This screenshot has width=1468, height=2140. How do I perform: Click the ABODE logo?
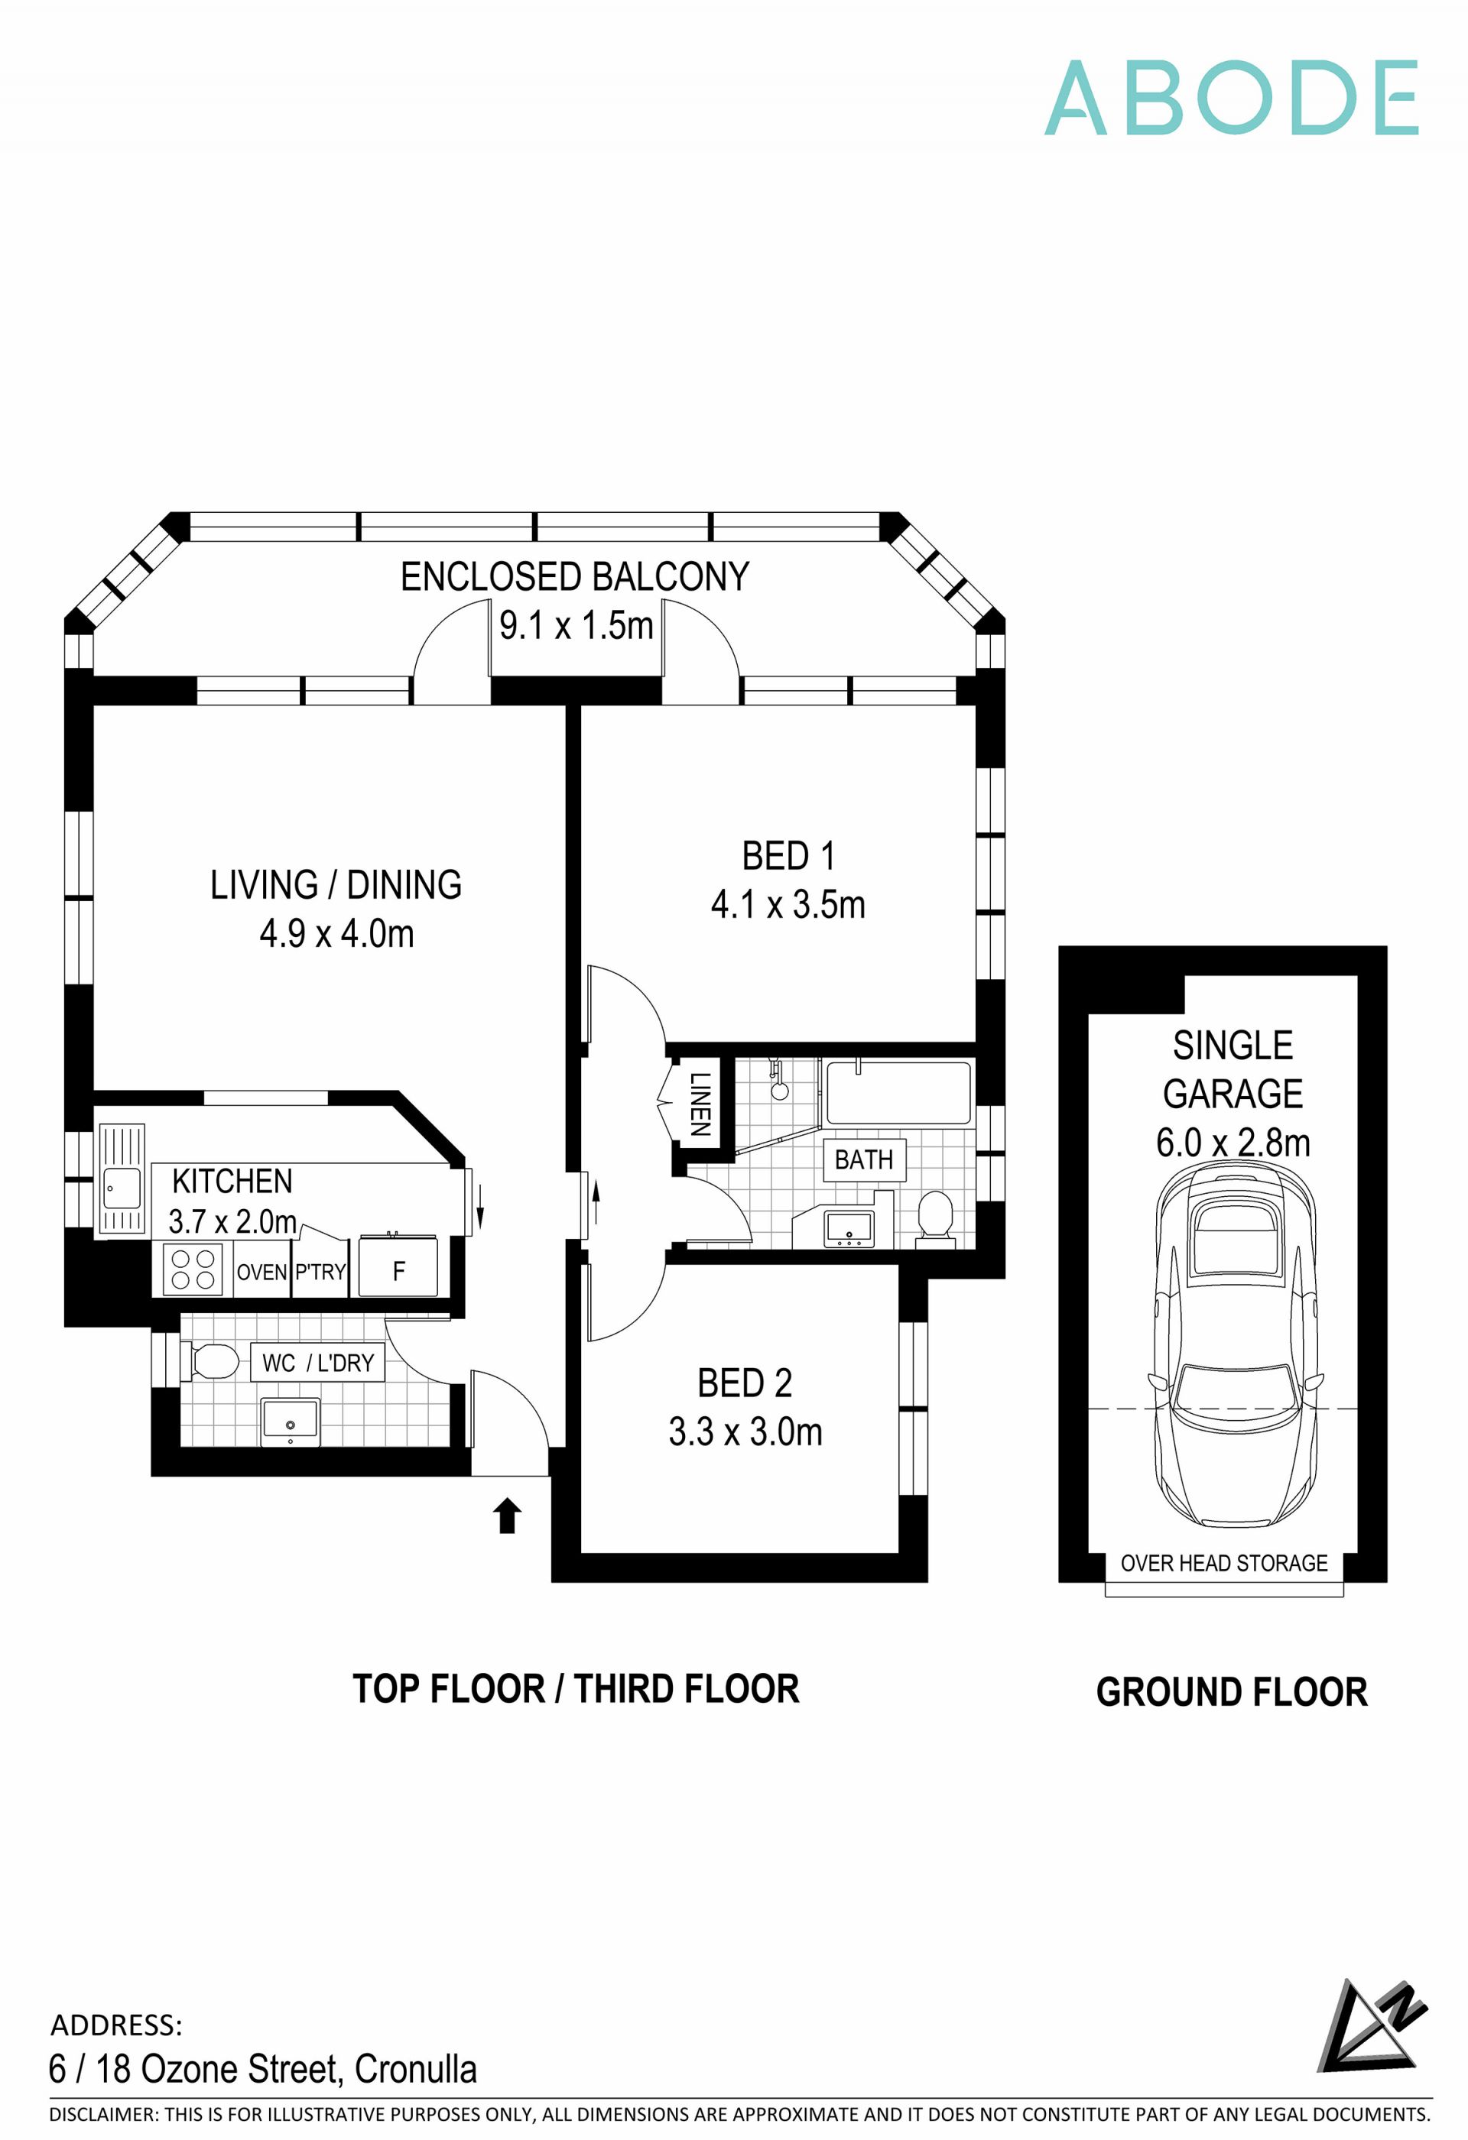click(x=1231, y=98)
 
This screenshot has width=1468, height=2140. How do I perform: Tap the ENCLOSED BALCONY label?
click(x=575, y=577)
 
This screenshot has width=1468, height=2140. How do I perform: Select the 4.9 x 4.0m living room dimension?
click(x=336, y=934)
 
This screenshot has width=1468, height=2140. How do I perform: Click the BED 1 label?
click(x=788, y=855)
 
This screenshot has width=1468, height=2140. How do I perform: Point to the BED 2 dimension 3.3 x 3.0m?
click(x=745, y=1431)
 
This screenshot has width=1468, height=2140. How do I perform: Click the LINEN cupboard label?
click(x=700, y=1103)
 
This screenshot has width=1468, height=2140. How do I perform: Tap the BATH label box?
click(x=864, y=1159)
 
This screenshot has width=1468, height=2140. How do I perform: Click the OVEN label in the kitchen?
click(x=261, y=1272)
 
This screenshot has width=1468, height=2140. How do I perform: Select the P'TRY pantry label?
click(x=320, y=1272)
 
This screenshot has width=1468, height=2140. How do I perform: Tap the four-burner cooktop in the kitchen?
click(x=193, y=1269)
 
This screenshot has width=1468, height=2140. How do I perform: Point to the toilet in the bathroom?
click(x=936, y=1218)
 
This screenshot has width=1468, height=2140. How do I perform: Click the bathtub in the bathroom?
click(x=898, y=1093)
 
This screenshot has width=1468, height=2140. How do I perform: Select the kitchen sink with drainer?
click(x=122, y=1178)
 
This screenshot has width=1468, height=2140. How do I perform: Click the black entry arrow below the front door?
click(x=508, y=1515)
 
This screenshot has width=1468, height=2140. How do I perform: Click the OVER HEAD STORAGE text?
click(x=1224, y=1563)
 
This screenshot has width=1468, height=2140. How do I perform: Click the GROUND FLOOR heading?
click(x=1231, y=1691)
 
